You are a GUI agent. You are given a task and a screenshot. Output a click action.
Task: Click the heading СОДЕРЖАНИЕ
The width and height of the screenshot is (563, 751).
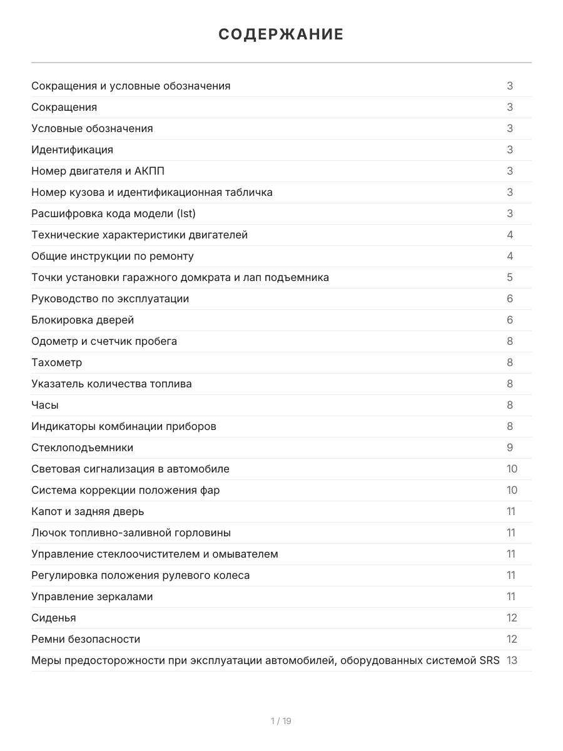tap(281, 34)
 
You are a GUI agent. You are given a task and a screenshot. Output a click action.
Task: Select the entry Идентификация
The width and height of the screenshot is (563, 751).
tap(72, 150)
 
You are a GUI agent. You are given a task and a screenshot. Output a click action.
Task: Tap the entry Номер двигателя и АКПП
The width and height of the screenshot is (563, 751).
tap(98, 171)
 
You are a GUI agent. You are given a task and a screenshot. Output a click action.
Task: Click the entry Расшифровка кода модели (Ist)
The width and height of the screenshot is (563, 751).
tap(113, 213)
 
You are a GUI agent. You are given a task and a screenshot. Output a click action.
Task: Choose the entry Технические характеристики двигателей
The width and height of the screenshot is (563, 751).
tap(139, 235)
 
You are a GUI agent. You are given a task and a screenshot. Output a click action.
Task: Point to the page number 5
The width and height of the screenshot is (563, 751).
tap(510, 277)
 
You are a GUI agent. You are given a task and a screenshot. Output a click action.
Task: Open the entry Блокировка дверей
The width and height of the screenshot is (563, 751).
tap(83, 320)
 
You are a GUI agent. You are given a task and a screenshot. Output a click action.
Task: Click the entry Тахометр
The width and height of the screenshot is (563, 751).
tap(56, 362)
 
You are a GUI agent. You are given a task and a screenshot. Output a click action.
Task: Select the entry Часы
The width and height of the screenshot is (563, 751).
tap(45, 405)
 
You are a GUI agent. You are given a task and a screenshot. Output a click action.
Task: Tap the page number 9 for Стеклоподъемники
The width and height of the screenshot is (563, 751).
tap(510, 447)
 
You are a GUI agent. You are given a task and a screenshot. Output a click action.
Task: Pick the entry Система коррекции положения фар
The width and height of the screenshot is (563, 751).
tap(125, 490)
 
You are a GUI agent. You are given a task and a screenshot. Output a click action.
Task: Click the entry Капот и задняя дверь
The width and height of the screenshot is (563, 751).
tap(88, 511)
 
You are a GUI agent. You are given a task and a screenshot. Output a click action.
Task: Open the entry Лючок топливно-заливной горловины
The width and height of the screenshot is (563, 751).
tap(131, 533)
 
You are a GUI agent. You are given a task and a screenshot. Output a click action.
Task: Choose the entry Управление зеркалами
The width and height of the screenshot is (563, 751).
tap(92, 596)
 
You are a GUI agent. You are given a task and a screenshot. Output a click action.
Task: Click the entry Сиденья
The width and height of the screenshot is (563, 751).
tap(54, 618)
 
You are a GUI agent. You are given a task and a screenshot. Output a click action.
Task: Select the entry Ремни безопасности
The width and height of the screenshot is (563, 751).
tap(86, 639)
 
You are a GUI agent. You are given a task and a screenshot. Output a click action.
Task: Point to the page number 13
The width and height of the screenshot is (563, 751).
tap(512, 660)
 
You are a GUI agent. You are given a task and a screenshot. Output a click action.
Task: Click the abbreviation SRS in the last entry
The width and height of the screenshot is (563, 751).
tap(489, 660)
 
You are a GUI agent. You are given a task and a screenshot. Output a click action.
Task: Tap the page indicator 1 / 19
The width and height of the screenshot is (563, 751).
tap(281, 721)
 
